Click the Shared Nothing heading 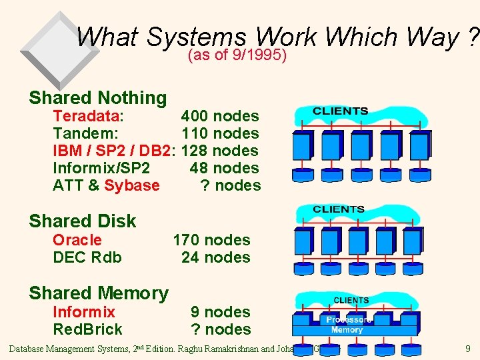point(97,97)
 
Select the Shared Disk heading point(82,221)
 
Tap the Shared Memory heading point(98,293)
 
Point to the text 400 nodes point(220,116)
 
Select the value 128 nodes point(219,151)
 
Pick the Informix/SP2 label point(101,168)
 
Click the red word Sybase point(132,185)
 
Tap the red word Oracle point(77,240)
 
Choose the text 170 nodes point(211,240)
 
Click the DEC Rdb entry point(87,257)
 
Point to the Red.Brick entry point(88,329)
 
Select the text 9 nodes point(220,312)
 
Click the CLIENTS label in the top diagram point(340,111)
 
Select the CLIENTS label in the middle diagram point(339,209)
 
